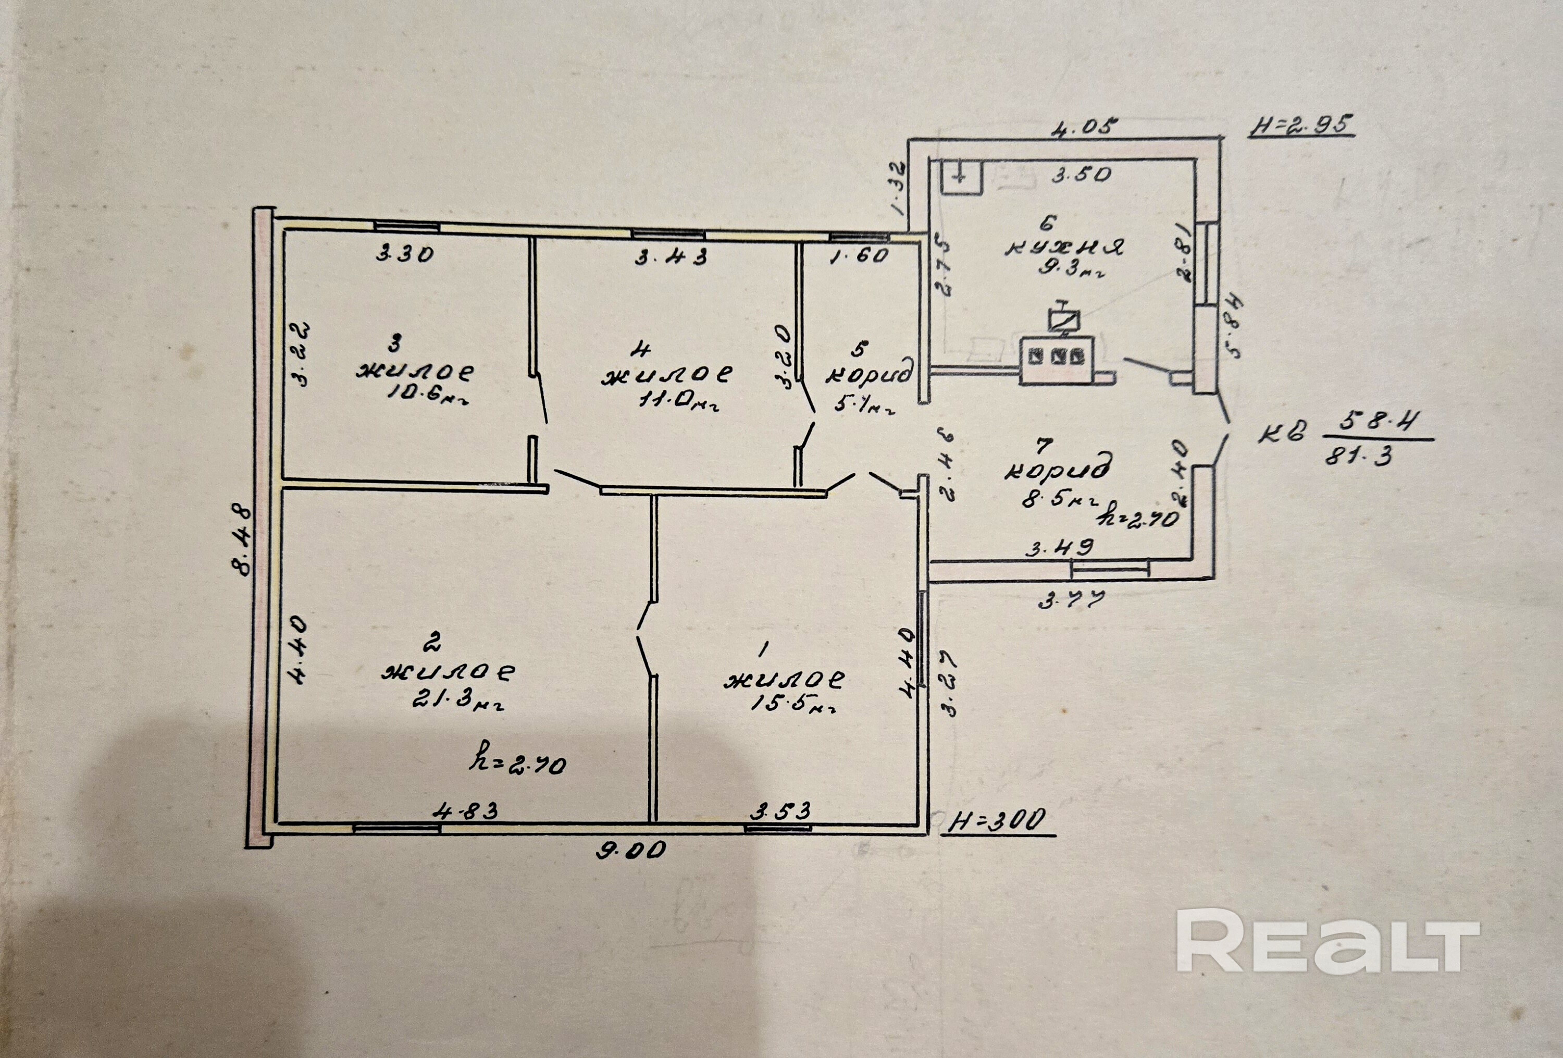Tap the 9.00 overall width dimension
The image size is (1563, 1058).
[631, 850]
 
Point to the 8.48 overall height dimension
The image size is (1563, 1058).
[242, 542]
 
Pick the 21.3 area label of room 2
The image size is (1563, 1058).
[457, 702]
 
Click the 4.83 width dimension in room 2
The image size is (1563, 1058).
[466, 810]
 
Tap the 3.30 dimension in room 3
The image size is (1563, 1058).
[405, 254]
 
